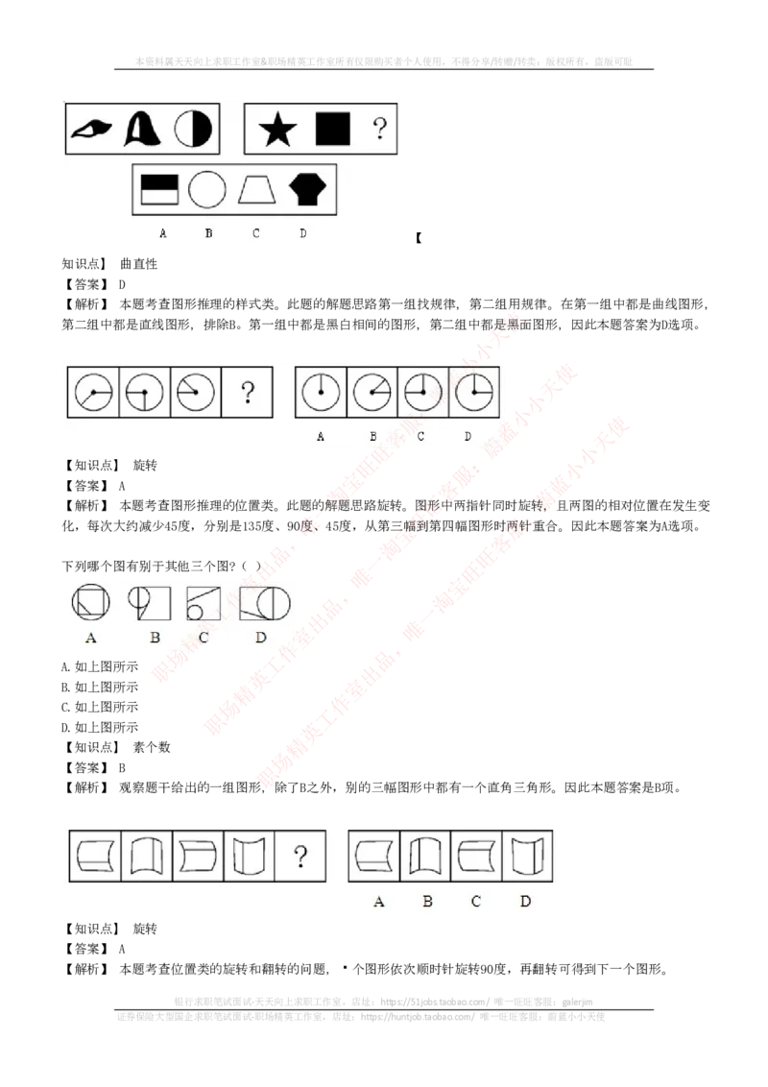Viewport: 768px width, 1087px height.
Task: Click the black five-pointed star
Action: coord(277,129)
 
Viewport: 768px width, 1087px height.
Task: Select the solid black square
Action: coord(333,128)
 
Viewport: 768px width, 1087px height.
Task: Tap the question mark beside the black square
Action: coord(380,128)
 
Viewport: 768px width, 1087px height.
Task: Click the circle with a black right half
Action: coord(193,129)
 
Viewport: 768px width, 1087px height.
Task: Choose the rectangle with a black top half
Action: coord(159,189)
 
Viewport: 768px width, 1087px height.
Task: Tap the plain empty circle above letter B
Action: coord(206,190)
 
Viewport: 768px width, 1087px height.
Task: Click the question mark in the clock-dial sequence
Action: coord(248,392)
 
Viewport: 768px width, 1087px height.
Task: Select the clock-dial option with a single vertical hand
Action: coord(321,392)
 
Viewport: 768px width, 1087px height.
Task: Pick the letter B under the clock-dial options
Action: coord(372,436)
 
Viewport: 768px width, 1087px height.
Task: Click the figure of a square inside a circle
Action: coord(90,602)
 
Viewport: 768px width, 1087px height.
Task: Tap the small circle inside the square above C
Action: coord(195,611)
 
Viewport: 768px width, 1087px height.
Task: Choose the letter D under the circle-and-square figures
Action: coord(260,638)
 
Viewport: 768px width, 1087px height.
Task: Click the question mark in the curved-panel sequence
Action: coord(300,856)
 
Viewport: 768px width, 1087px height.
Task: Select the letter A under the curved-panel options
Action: coord(378,902)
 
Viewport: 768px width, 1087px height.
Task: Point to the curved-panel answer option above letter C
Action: coord(476,856)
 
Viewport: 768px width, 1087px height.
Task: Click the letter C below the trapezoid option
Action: coord(256,233)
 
